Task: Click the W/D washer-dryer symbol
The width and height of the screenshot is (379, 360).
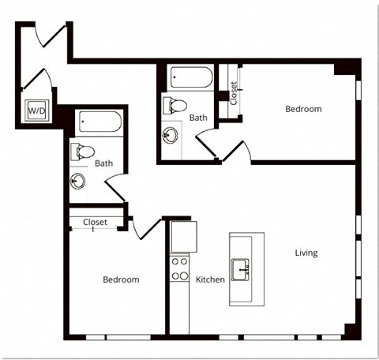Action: click(37, 111)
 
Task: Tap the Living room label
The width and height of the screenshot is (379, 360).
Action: click(306, 253)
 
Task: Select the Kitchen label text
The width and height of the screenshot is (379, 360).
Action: click(210, 279)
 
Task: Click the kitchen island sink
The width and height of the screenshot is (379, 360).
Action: click(240, 270)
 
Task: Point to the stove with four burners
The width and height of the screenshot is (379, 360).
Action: click(179, 268)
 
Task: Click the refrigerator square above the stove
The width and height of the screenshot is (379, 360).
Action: click(184, 237)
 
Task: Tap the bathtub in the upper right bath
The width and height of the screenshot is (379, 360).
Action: click(192, 77)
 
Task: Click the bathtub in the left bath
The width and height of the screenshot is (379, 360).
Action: click(100, 122)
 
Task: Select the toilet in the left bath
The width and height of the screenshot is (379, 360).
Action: click(83, 152)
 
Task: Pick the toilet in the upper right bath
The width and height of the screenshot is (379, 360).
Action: click(175, 106)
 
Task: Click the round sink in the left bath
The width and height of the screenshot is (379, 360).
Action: click(78, 181)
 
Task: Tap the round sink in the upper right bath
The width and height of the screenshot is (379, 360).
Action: click(170, 135)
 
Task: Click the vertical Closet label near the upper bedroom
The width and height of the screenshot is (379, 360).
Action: click(234, 93)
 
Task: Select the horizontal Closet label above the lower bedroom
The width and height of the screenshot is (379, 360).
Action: click(95, 223)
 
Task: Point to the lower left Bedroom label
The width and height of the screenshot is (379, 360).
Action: click(121, 279)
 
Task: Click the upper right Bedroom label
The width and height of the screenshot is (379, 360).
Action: click(303, 109)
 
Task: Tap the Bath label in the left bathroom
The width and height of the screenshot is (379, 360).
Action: click(104, 163)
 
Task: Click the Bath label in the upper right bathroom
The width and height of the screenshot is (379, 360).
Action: click(198, 118)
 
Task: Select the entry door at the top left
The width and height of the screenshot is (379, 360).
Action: click(54, 36)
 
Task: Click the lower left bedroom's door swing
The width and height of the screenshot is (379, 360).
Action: click(146, 228)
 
